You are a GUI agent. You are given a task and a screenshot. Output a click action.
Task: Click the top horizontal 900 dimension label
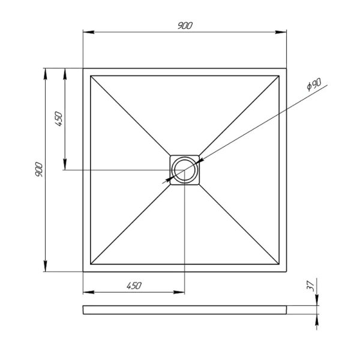click(x=185, y=25)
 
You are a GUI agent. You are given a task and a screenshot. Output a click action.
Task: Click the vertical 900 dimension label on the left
click(x=39, y=170)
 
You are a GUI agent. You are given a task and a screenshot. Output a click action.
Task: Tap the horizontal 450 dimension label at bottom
click(x=133, y=286)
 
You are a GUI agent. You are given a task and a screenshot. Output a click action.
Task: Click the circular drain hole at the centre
click(x=185, y=170)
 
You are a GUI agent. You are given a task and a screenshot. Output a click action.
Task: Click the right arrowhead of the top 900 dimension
click(x=283, y=32)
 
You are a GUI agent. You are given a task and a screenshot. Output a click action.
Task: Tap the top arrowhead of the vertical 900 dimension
click(x=46, y=72)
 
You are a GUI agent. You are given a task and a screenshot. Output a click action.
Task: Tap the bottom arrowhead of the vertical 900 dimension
click(x=46, y=268)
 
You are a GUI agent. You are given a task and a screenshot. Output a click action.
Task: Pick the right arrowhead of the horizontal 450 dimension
click(x=181, y=293)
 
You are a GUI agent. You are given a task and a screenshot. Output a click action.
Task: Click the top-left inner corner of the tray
click(x=91, y=76)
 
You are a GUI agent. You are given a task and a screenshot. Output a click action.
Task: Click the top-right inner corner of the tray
click(x=279, y=76)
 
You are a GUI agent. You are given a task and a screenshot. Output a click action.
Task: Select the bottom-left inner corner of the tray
click(x=91, y=264)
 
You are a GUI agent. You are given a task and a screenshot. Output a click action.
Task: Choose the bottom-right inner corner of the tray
click(x=279, y=264)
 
